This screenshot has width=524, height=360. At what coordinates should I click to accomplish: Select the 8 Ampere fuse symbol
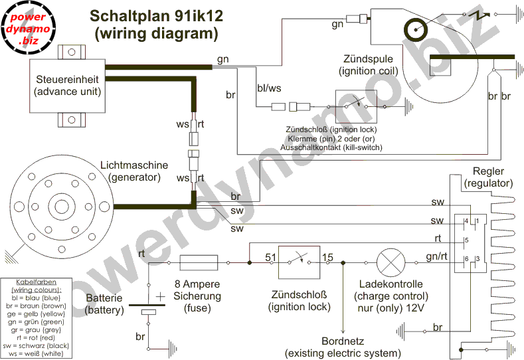pos(199,262)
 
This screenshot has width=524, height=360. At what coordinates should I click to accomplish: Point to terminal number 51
pos(270,256)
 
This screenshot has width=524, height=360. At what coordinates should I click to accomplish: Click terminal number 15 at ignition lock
pos(327,256)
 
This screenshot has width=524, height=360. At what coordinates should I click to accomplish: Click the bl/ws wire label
pos(268,87)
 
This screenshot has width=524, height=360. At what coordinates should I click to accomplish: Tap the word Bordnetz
pos(343,341)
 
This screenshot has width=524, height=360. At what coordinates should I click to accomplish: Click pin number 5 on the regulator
pos(467,240)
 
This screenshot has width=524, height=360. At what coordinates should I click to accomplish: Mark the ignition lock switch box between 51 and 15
pos(299,262)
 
